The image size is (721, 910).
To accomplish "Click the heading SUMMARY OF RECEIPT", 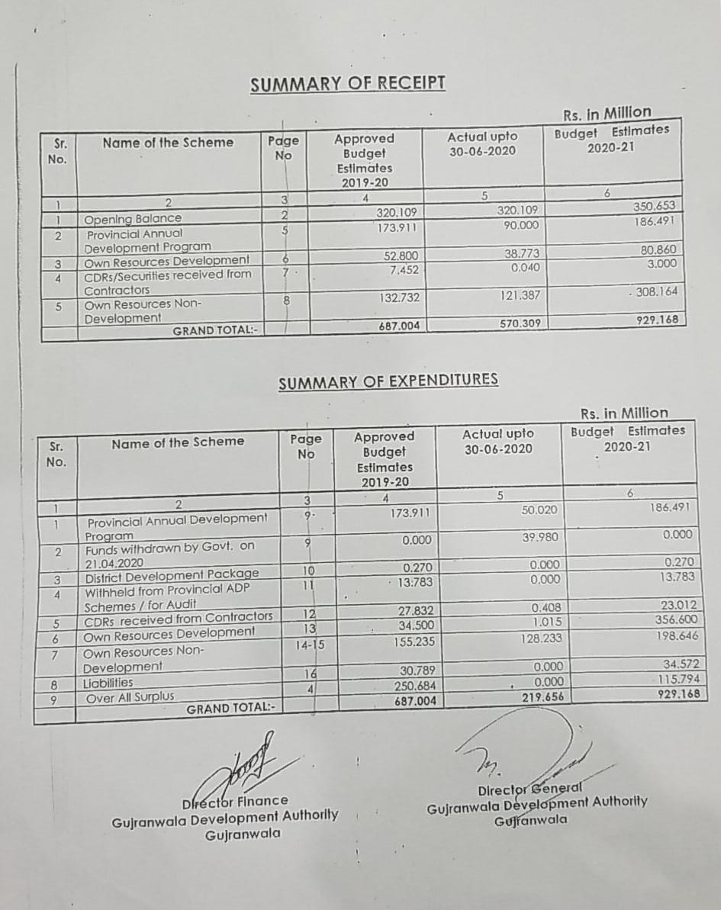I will tap(348, 84).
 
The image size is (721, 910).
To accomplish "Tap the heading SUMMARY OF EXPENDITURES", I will tap(388, 381).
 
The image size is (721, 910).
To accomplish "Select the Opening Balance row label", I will tap(133, 219).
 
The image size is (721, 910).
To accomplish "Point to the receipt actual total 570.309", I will tap(520, 323).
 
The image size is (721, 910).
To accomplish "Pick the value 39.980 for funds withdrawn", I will tap(539, 537).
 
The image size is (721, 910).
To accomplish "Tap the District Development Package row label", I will tap(172, 574).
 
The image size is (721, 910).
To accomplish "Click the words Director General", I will tap(529, 789).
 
